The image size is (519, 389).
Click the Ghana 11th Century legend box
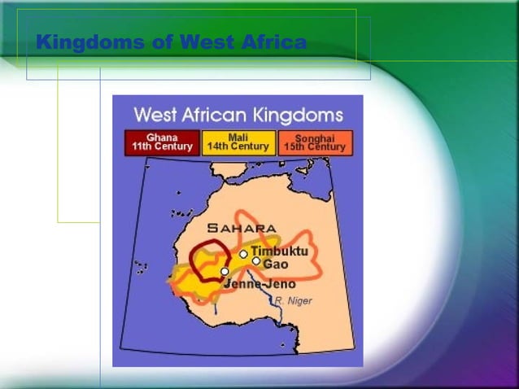161,142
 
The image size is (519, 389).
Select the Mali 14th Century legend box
238,142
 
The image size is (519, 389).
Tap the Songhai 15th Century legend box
316,142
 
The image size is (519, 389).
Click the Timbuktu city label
279,251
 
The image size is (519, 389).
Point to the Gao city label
275,264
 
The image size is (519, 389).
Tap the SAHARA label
242,228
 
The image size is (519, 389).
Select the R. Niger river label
293,301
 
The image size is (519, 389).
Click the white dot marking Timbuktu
243,254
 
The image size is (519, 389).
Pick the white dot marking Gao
256,261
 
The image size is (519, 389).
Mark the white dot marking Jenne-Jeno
225,271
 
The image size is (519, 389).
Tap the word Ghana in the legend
161,138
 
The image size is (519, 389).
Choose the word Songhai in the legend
316,138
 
